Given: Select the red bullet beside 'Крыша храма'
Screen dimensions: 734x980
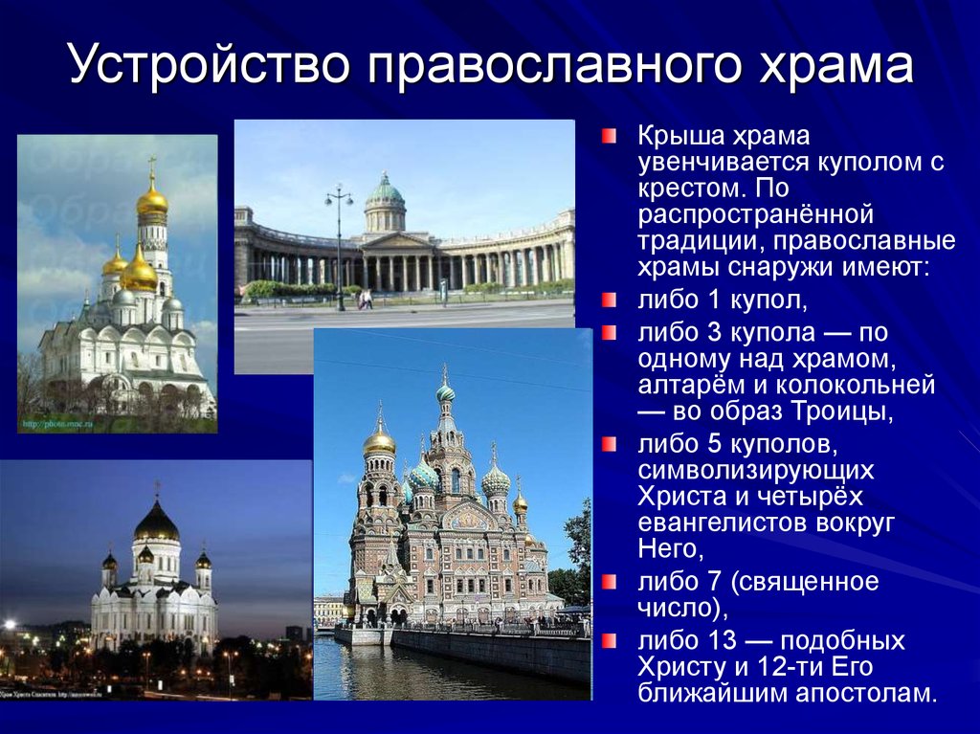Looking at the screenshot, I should (610, 136).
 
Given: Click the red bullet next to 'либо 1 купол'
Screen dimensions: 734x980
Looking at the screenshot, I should (610, 301).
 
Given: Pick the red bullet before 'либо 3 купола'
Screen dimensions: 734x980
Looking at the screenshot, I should (610, 334).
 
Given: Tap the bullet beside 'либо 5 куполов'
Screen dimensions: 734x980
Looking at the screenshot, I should (610, 444).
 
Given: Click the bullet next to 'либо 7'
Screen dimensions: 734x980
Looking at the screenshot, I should (610, 581).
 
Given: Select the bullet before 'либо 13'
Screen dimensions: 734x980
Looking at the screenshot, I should (610, 638).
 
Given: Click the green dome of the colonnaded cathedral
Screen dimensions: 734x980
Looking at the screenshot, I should (385, 191).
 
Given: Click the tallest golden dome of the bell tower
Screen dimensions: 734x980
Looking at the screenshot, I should (151, 200).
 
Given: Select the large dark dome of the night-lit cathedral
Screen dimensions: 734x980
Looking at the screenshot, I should (156, 523).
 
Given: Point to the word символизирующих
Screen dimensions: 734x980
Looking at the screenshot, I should (756, 471).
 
